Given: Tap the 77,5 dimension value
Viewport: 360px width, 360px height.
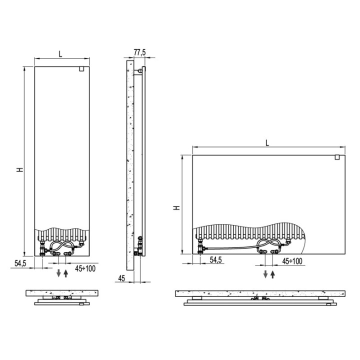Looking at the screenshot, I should (x=139, y=52).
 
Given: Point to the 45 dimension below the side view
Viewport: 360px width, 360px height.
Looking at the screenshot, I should (x=121, y=278).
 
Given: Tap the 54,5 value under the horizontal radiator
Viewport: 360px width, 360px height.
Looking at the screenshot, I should (x=215, y=260).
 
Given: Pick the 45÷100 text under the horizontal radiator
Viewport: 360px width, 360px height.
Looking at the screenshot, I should (x=292, y=261).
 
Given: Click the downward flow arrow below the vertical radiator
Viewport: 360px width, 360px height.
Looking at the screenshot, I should (x=58, y=273).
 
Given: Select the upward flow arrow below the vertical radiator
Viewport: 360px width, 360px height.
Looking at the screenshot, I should (x=65, y=273).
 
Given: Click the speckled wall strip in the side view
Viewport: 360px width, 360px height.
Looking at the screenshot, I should (x=129, y=165).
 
